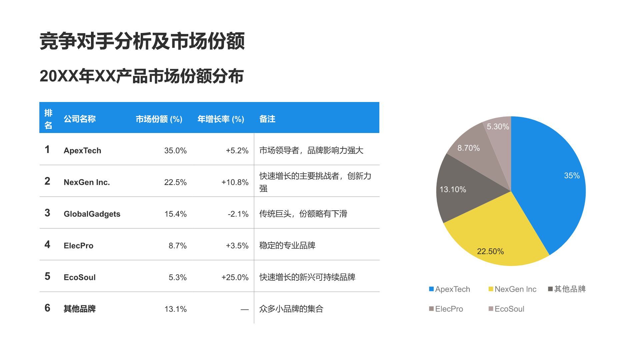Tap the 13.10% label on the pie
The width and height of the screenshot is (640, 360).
pos(453,190)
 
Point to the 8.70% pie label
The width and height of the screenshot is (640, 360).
pos(468,148)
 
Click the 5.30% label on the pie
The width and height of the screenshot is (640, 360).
pos(498,127)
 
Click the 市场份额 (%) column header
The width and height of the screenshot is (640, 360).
pos(159,119)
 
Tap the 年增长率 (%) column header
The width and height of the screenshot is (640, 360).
pos(221,119)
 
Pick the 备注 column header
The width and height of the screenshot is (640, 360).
pos(267,119)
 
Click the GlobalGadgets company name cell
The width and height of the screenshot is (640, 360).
pos(92,214)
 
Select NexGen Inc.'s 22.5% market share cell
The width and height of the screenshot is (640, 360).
pos(175,182)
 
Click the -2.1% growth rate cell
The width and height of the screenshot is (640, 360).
pos(238,214)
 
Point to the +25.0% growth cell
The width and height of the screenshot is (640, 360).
pos(235,277)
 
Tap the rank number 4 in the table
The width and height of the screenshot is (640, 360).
pos(47,245)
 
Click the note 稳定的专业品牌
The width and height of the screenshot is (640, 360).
pos(287,246)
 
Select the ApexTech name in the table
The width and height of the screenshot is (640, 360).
pos(82,151)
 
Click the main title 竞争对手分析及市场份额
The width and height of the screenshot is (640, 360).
pos(142,41)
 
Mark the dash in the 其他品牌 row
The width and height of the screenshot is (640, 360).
pos(245,309)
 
